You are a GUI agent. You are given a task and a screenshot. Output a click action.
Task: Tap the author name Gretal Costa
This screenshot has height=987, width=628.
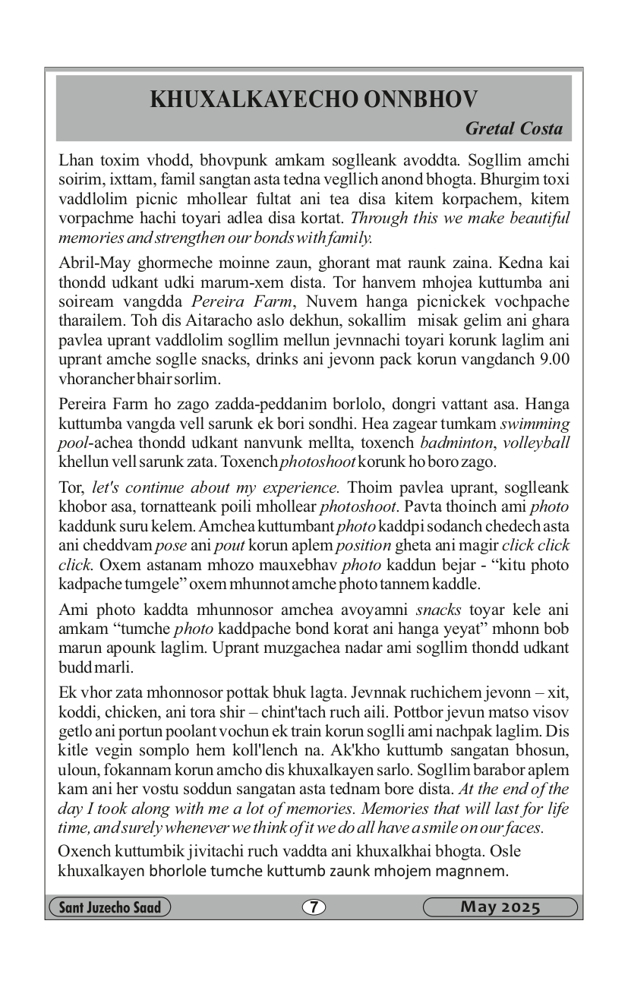point(514,128)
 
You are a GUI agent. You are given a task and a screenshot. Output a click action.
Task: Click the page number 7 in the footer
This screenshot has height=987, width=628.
point(314,907)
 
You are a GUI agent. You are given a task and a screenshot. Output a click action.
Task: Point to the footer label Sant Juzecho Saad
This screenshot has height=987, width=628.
point(109,907)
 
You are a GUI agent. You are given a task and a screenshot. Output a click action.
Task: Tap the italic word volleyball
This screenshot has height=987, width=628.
point(537,443)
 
